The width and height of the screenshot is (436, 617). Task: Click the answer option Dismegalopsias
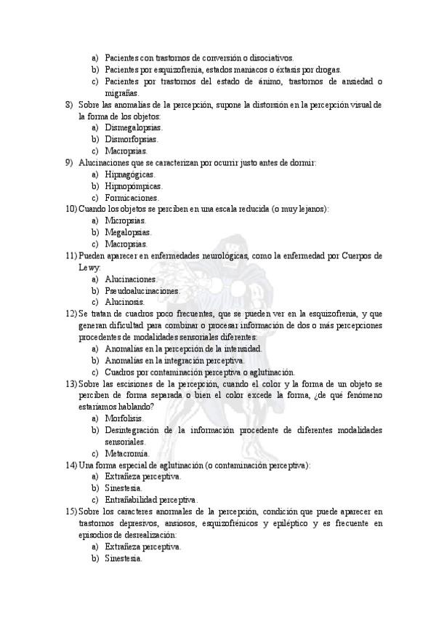pos(133,127)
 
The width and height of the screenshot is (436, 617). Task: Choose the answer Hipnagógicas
pos(129,174)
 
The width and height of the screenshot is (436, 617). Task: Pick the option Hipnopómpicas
pos(133,186)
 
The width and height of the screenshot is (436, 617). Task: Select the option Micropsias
pos(125,220)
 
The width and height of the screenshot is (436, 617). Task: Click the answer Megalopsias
pos(127,232)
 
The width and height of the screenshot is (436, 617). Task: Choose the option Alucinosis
pos(124,302)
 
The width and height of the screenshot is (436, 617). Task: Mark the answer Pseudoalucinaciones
pos(142,290)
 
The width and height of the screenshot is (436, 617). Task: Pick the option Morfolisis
pos(124,418)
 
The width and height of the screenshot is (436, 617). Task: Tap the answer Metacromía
pos(127,453)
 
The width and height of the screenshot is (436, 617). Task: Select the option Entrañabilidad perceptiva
pos(151,500)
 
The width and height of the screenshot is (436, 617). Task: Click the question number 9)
pos(70,162)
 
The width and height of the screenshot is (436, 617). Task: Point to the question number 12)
pos(70,314)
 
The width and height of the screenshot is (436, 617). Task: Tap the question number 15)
pos(70,511)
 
